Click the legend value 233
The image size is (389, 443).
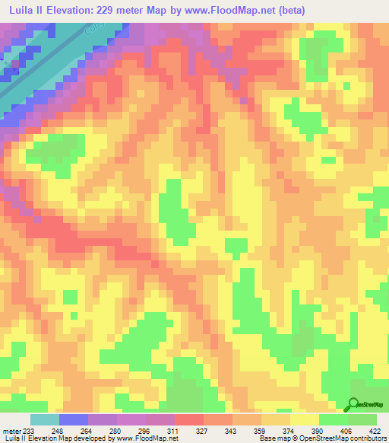point(30,431)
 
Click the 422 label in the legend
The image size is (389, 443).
point(375,431)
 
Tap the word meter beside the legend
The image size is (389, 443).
point(11,431)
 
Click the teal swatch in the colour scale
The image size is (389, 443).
point(44,419)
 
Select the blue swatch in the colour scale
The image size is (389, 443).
point(73,419)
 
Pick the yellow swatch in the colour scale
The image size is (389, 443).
point(304,419)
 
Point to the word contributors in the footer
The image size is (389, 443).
point(368,439)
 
